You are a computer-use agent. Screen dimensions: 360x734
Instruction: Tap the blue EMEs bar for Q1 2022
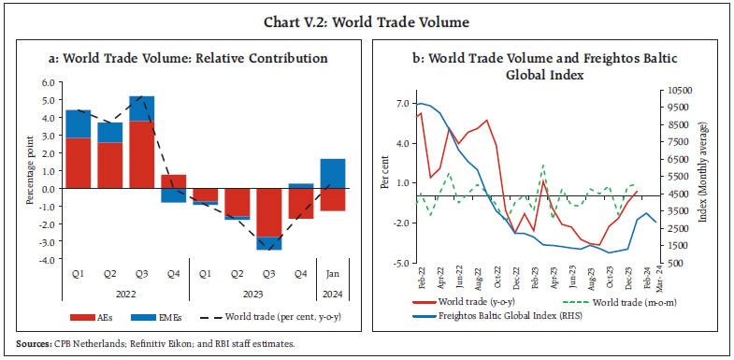point(78,123)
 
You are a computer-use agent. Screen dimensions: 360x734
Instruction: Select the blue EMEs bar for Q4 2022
point(174,194)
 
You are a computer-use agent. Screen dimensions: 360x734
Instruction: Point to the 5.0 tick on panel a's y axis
point(47,83)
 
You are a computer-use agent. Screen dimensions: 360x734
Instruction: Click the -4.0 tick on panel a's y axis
point(45,260)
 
